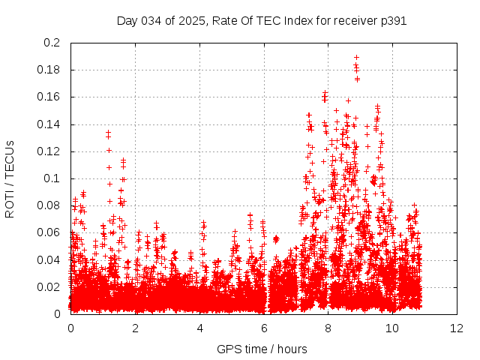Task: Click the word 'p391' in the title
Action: [x=393, y=21]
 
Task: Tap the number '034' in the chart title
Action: [x=152, y=21]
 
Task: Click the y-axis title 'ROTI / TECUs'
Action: [x=10, y=178]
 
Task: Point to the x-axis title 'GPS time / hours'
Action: [x=263, y=349]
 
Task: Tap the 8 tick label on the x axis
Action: [x=328, y=328]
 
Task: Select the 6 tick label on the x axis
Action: [x=264, y=328]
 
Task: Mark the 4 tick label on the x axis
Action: [x=199, y=328]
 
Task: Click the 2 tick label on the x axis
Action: [x=135, y=328]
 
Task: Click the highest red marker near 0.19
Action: [x=356, y=57]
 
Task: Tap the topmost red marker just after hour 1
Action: [x=108, y=132]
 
